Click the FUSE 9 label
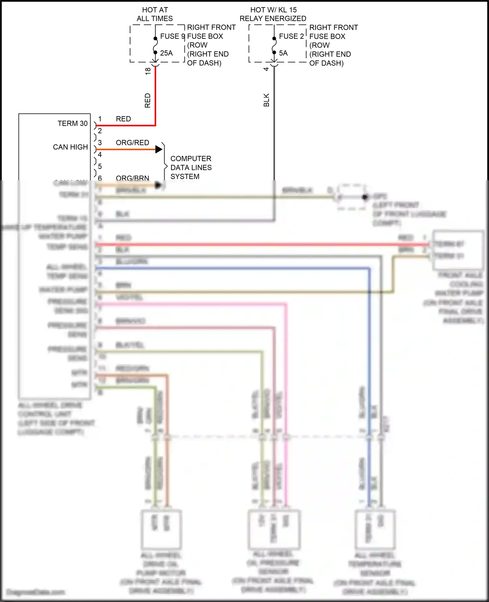pos(172,36)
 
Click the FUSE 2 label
pos(291,36)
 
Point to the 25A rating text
pos(166,53)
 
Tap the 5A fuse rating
pos(283,53)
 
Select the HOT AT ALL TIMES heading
pos(155,14)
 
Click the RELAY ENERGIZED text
pos(273,19)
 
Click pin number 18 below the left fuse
pos(148,71)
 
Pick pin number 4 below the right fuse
pos(266,69)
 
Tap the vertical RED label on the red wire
pos(148,100)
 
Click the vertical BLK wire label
pos(266,100)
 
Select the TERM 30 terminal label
pos(72,124)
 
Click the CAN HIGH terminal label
pos(70,147)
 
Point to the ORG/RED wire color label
pos(132,143)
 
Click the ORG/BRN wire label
pos(132,178)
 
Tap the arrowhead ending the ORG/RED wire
pos(159,149)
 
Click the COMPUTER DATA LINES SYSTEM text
pos(191,167)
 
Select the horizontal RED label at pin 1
pos(123,119)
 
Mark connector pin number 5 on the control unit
pos(100,166)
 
